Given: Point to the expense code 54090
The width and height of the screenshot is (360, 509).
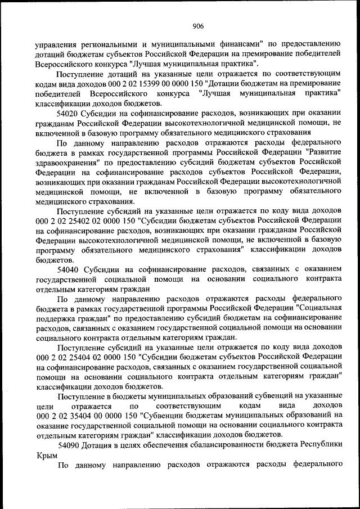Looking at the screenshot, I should (x=70, y=444).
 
